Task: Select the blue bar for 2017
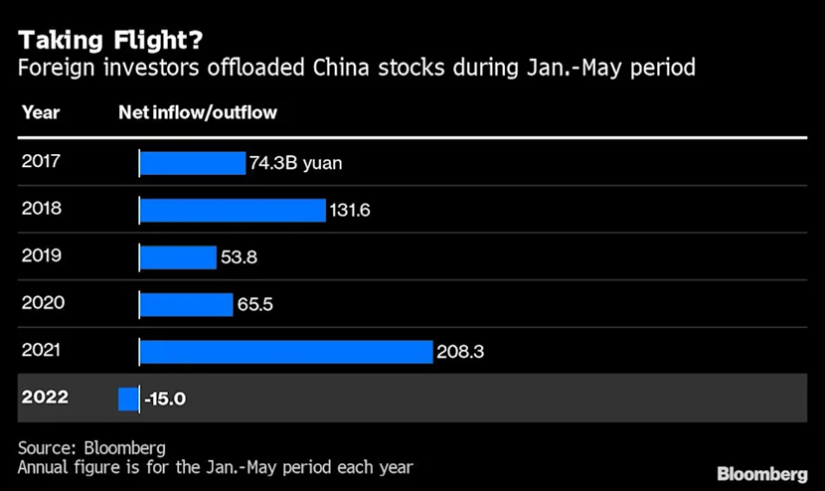point(192,163)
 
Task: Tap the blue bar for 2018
point(233,210)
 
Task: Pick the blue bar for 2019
point(178,257)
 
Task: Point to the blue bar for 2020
point(186,304)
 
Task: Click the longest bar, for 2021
point(286,352)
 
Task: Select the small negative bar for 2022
point(128,399)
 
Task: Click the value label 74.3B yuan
point(296,163)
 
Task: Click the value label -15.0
point(165,399)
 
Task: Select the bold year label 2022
point(45,398)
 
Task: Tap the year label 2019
point(42,256)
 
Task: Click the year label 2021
point(42,351)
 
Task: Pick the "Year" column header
point(40,112)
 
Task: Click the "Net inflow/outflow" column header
point(198,112)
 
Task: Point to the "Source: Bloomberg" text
point(91,446)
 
